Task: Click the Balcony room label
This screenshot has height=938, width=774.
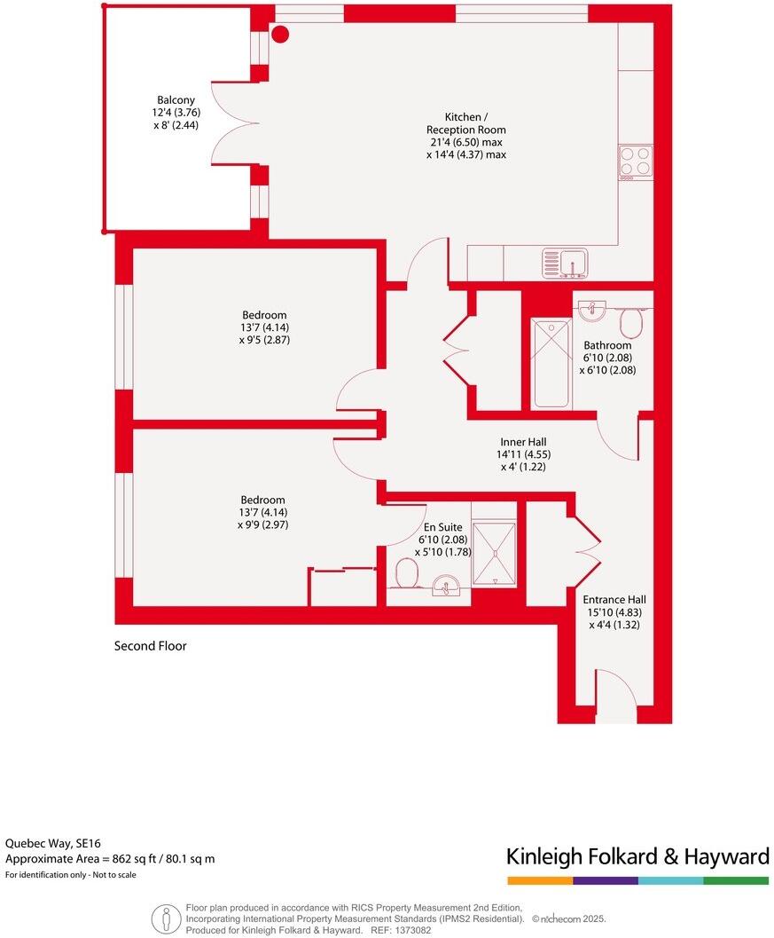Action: pos(176,100)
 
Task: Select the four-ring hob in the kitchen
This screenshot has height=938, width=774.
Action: pos(636,162)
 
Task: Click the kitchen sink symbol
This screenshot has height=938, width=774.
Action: pos(565,263)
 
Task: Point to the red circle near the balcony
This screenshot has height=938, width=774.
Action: pos(280,35)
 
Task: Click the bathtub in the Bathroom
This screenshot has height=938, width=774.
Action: pos(551,364)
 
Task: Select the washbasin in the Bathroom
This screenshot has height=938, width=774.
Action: pos(591,311)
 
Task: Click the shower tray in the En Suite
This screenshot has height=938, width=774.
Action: pos(494,553)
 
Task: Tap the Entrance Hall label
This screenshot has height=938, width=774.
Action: pos(614,599)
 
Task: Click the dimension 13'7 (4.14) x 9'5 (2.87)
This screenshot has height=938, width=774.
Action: pos(264,334)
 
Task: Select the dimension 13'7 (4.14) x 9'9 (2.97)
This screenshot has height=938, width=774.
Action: pos(263,518)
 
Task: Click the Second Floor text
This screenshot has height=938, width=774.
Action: pos(151,646)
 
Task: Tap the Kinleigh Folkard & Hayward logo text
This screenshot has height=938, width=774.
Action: pos(637,856)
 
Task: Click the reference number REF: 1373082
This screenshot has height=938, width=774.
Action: pos(402,931)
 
